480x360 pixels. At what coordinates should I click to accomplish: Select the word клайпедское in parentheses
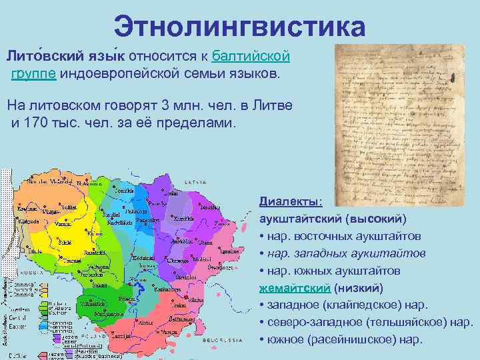click(361, 305)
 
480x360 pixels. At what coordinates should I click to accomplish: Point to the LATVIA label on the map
click(199, 182)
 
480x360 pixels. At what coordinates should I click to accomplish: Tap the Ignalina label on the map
click(229, 251)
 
